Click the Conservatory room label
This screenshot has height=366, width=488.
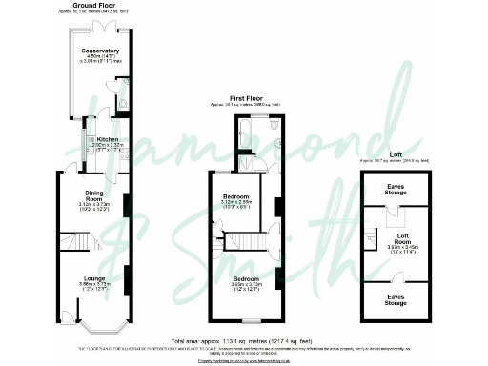tap(100, 50)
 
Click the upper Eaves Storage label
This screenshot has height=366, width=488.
tap(396, 188)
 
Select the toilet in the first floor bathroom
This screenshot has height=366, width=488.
tap(274, 125)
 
